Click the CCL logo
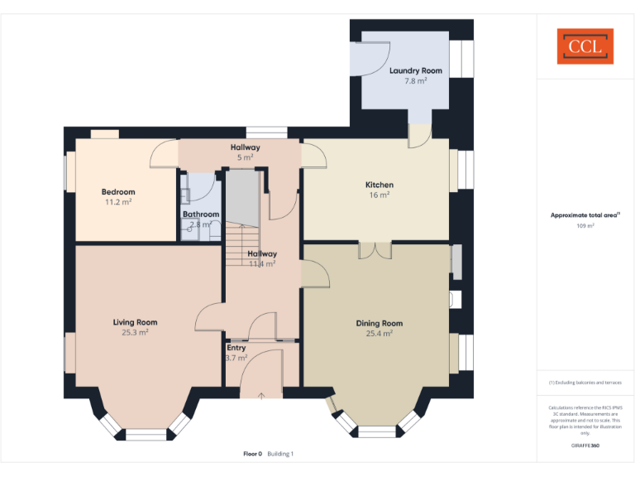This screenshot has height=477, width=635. click(x=585, y=46)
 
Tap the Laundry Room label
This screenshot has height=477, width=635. click(x=416, y=70)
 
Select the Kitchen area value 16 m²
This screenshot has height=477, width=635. click(x=380, y=195)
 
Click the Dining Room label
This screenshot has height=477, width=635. click(x=380, y=323)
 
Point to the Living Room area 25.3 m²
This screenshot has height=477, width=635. click(x=135, y=332)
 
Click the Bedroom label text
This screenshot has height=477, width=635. click(x=118, y=192)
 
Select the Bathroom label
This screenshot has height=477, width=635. click(x=201, y=214)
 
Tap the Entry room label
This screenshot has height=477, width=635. click(x=236, y=348)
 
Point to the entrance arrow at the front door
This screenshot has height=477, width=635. click(x=261, y=396)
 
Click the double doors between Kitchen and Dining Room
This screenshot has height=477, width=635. click(x=375, y=249)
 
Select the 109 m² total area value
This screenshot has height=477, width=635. click(x=585, y=225)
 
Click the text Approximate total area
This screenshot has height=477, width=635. click(x=584, y=214)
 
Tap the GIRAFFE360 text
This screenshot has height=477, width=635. click(x=585, y=446)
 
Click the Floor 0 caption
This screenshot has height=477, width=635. click(x=252, y=454)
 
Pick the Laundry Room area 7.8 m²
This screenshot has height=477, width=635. click(x=416, y=81)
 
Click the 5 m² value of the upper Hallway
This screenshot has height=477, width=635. click(x=246, y=157)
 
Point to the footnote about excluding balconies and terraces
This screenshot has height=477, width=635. click(x=585, y=383)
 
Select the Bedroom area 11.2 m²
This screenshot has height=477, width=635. click(x=118, y=202)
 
